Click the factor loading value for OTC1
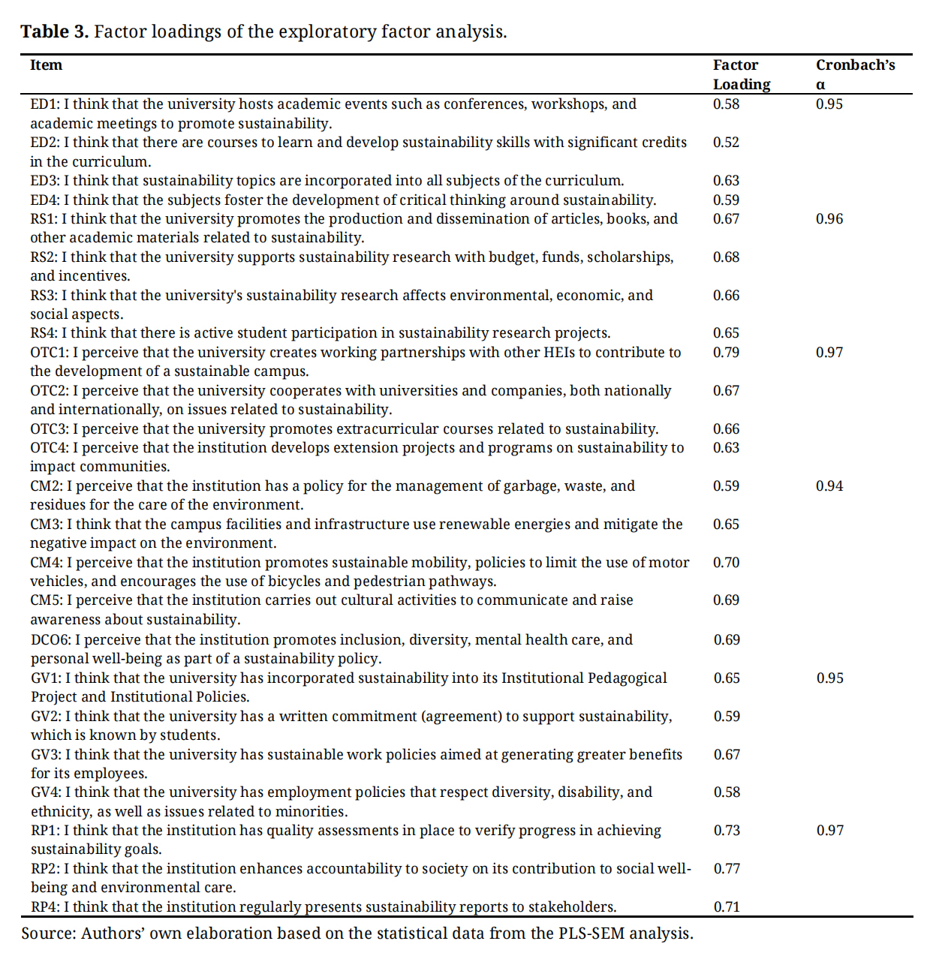[x=726, y=352]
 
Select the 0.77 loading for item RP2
[x=727, y=868]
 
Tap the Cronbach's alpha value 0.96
[x=829, y=219]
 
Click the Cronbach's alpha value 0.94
[x=829, y=486]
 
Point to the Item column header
[x=46, y=65]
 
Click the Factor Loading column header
[x=741, y=74]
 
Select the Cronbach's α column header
[x=855, y=74]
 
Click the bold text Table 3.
[x=54, y=32]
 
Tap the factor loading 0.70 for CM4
[x=726, y=562]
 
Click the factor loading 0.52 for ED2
[x=726, y=143]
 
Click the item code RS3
[x=44, y=296]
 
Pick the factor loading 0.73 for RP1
[x=727, y=830]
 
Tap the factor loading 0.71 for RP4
[x=727, y=906]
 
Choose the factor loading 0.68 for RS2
[x=726, y=257]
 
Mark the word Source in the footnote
[x=48, y=933]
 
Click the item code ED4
[x=44, y=200]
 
